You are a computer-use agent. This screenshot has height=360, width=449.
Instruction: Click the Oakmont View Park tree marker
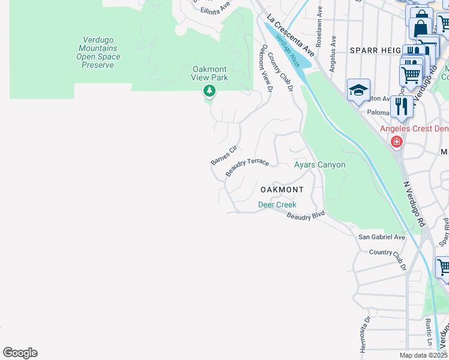pyautogui.click(x=209, y=91)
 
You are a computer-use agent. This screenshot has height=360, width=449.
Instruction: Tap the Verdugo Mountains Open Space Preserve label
pyautogui.click(x=97, y=52)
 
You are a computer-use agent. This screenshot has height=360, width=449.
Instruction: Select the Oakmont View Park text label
pyautogui.click(x=209, y=73)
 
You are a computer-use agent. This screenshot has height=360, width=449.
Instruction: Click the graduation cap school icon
pyautogui.click(x=358, y=91)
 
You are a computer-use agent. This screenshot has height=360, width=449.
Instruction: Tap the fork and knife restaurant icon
pyautogui.click(x=401, y=107)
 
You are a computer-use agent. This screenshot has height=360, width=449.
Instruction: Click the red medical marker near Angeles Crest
pyautogui.click(x=396, y=142)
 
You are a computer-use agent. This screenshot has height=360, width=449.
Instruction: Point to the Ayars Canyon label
pyautogui.click(x=319, y=164)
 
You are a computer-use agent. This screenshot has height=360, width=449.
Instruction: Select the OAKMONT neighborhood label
pyautogui.click(x=282, y=190)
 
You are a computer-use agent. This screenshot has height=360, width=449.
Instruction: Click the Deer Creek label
pyautogui.click(x=277, y=205)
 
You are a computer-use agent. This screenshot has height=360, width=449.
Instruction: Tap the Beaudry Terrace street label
pyautogui.click(x=247, y=168)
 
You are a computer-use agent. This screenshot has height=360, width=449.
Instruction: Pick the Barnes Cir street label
pyautogui.click(x=224, y=155)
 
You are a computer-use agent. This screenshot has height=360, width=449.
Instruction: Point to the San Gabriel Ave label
pyautogui.click(x=382, y=237)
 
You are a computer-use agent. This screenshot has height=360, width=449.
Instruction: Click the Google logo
pyautogui.click(x=20, y=353)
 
